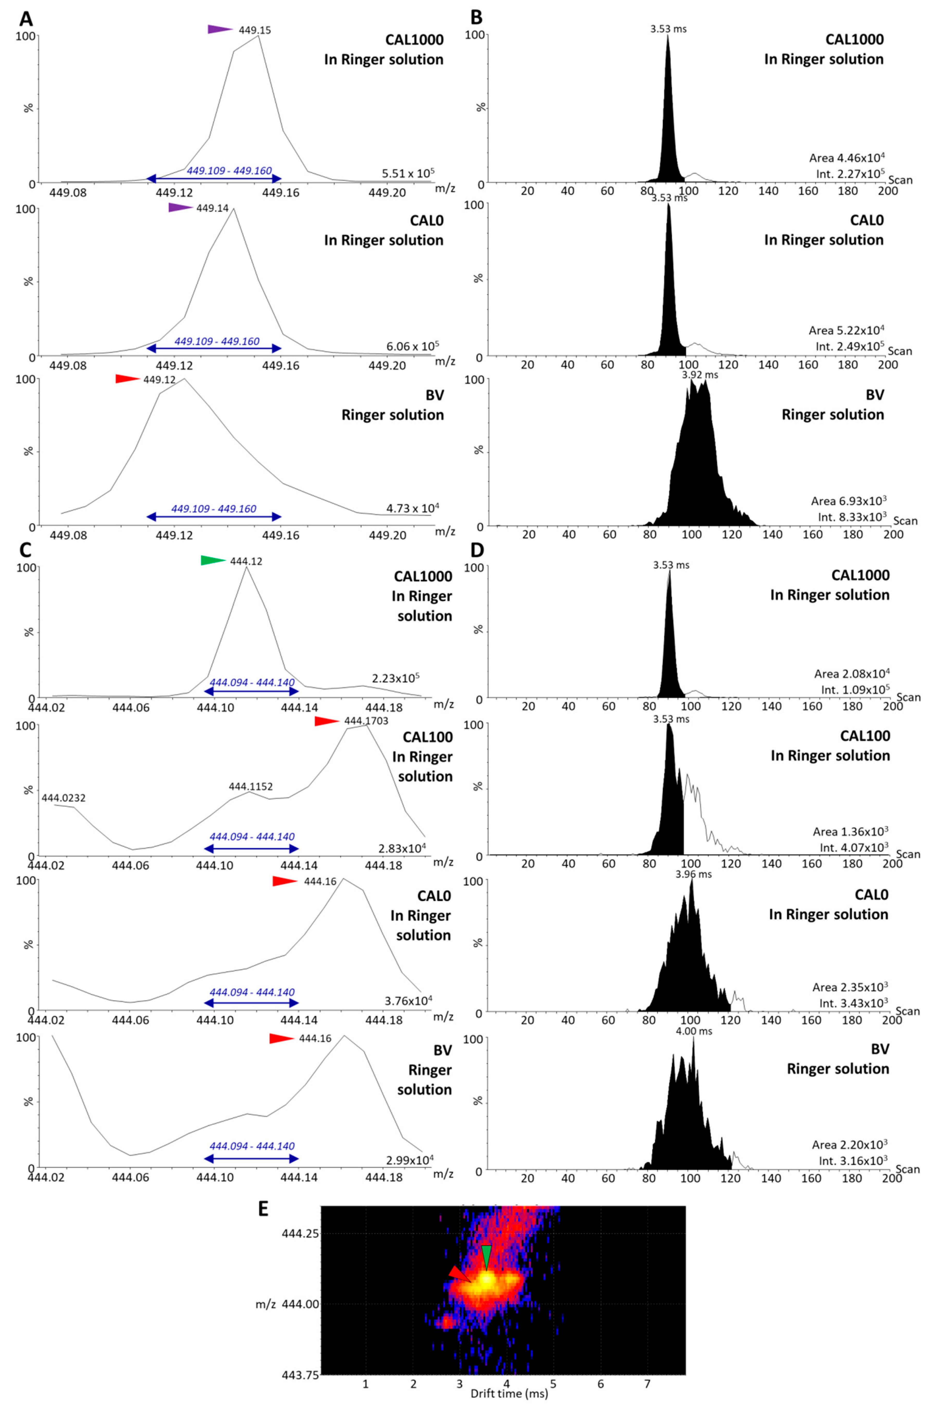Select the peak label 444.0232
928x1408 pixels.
(x=63, y=798)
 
